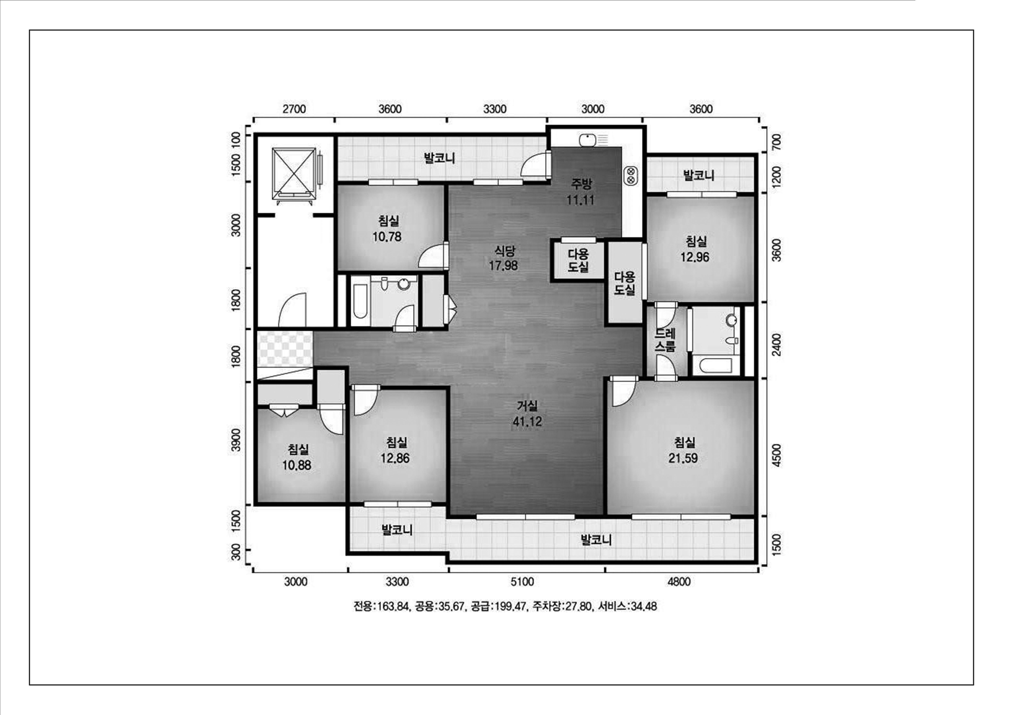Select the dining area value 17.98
503,266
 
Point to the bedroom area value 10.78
387,237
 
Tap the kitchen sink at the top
587,140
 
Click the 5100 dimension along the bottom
522,582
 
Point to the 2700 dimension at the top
294,109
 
